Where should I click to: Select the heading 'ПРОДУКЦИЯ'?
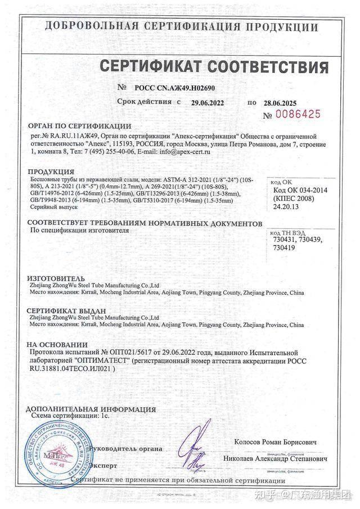(x=51, y=171)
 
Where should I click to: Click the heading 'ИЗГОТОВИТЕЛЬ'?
(x=56, y=278)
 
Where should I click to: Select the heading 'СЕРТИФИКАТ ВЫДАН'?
(x=67, y=310)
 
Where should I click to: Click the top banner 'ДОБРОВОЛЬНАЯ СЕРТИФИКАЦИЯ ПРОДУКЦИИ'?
(x=180, y=26)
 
